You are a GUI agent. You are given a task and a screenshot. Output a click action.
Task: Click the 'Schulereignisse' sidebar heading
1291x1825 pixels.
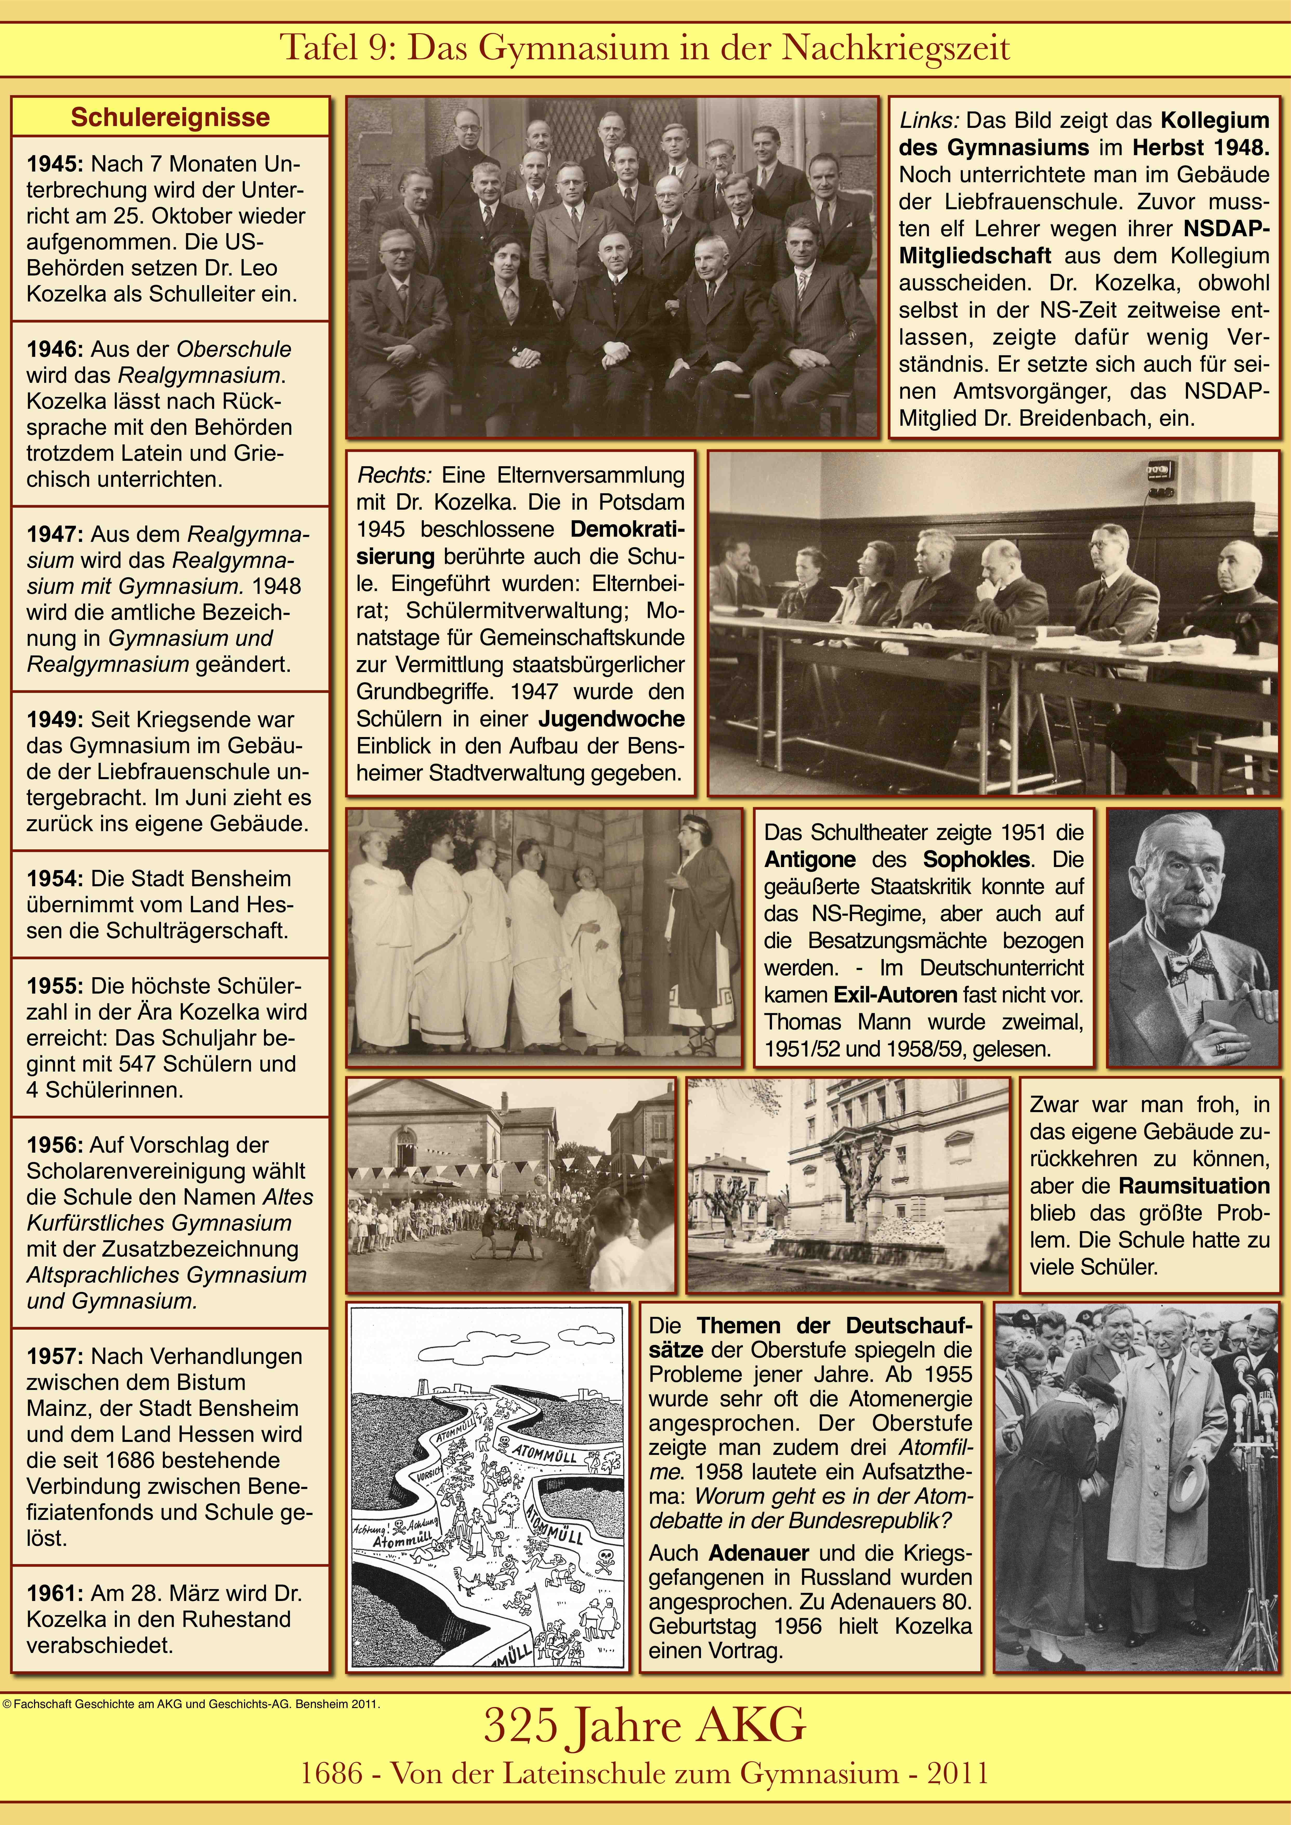point(170,118)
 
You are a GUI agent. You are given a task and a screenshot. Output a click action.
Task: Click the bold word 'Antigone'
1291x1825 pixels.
point(809,860)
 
